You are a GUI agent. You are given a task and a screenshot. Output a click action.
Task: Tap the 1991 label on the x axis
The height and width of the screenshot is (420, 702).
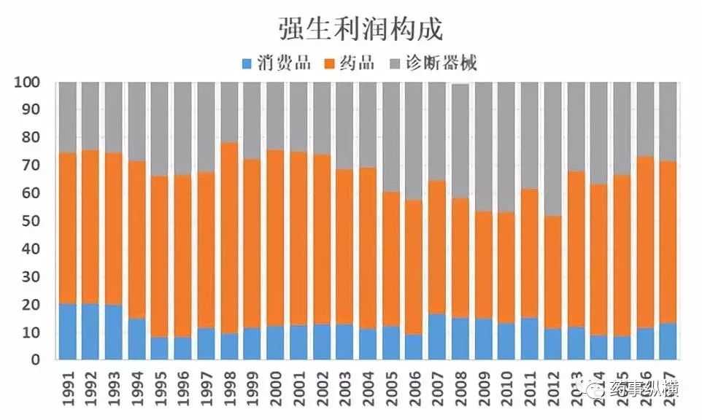click(67, 387)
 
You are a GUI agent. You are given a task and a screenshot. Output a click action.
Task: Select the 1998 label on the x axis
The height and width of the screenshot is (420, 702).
click(230, 387)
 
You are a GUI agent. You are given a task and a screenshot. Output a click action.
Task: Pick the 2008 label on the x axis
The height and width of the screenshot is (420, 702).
click(460, 387)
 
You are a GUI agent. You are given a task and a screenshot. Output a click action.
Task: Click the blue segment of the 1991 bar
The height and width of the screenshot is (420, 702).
click(67, 332)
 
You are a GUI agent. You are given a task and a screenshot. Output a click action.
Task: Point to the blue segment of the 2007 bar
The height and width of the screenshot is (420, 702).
click(437, 337)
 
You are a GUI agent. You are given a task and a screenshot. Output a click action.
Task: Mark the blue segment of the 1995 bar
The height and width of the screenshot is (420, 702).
click(160, 348)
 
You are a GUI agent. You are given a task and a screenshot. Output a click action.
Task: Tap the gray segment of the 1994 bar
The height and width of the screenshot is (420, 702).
click(136, 121)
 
